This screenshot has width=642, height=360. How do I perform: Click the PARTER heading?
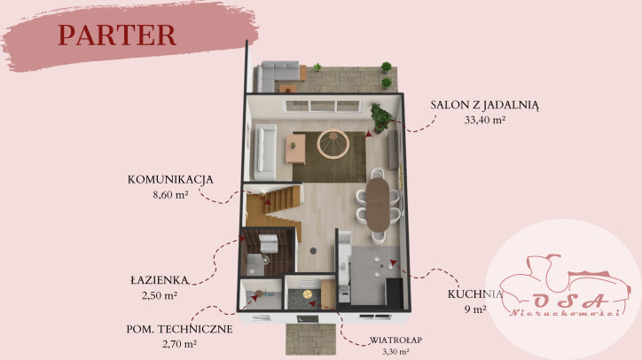(117, 35)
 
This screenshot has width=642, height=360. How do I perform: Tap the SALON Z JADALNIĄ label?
(484, 106)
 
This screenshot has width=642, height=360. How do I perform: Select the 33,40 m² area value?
(485, 120)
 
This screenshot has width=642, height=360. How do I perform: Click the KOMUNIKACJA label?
(170, 179)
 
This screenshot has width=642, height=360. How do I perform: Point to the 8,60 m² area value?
(170, 195)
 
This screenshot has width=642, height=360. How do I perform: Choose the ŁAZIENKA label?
(160, 280)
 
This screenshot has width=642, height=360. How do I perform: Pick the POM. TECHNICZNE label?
(179, 329)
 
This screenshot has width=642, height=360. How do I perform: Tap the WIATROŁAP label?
(395, 340)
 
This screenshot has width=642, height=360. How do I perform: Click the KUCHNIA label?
(475, 293)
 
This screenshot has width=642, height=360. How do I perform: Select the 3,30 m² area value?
(395, 351)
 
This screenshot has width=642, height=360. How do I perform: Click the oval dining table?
(378, 205)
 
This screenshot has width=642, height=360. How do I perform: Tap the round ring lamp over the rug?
(333, 144)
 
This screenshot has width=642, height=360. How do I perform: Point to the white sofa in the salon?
(264, 152)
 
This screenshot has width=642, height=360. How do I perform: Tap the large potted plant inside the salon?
(381, 118)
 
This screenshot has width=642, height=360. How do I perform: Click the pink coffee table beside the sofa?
(295, 149)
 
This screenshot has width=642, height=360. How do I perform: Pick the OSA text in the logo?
(570, 301)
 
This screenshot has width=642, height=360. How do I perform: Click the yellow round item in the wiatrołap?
(307, 294)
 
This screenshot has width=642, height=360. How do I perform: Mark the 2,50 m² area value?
(160, 295)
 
